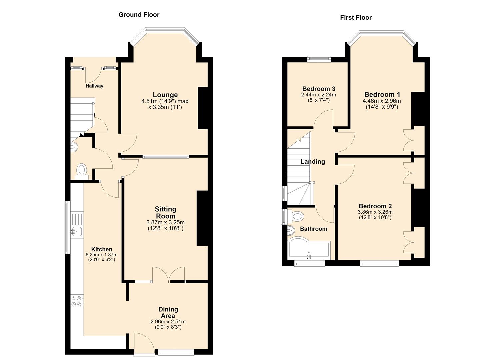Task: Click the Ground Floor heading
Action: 139,15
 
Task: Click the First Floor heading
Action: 356,17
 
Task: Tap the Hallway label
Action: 94,86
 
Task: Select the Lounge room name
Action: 165,95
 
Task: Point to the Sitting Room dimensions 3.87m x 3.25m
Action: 166,222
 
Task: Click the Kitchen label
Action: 102,249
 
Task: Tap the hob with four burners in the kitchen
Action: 77,301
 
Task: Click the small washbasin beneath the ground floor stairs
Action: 74,147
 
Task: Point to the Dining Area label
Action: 168,312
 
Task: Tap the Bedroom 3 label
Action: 319,89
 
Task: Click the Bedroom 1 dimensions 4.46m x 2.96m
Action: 382,101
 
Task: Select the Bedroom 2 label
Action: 375,206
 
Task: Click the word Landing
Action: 313,162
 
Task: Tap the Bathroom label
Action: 314,229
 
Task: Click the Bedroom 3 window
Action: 319,59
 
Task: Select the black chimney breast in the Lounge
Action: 203,108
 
